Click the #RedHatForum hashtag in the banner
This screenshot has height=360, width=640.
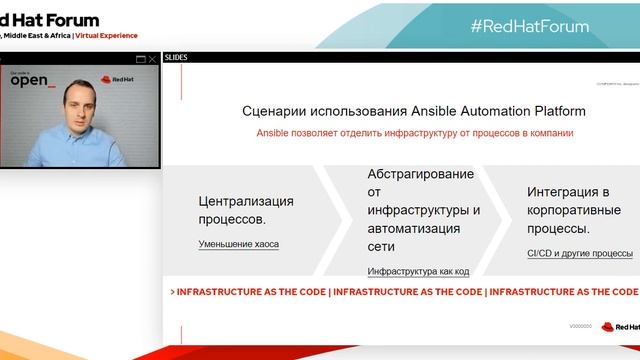tap(529, 26)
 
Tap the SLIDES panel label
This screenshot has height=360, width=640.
tap(175, 58)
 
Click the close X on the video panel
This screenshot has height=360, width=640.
tap(152, 59)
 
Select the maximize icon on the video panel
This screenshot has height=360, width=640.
tap(140, 59)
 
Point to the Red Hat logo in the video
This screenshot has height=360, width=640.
tap(117, 78)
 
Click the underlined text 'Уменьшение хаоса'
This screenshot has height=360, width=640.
tap(239, 244)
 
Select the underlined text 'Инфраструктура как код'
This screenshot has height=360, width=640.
tap(418, 271)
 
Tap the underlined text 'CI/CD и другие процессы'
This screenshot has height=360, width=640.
tap(580, 254)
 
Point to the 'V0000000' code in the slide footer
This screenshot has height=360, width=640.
tap(580, 326)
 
